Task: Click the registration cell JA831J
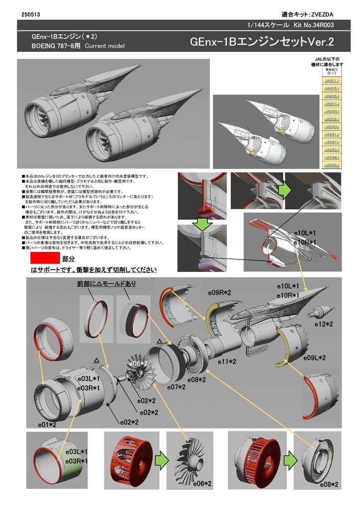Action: (331, 81)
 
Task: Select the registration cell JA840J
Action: (331, 127)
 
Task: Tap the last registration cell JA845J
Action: (331, 165)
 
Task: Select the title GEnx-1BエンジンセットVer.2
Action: (262, 42)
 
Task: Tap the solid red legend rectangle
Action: (45, 258)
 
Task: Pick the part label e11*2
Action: (227, 362)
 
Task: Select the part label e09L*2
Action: (314, 358)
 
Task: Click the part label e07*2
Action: (176, 387)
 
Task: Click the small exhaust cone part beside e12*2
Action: (320, 313)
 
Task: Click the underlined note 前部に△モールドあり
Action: (106, 284)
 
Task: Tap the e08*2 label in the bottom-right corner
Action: (329, 484)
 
